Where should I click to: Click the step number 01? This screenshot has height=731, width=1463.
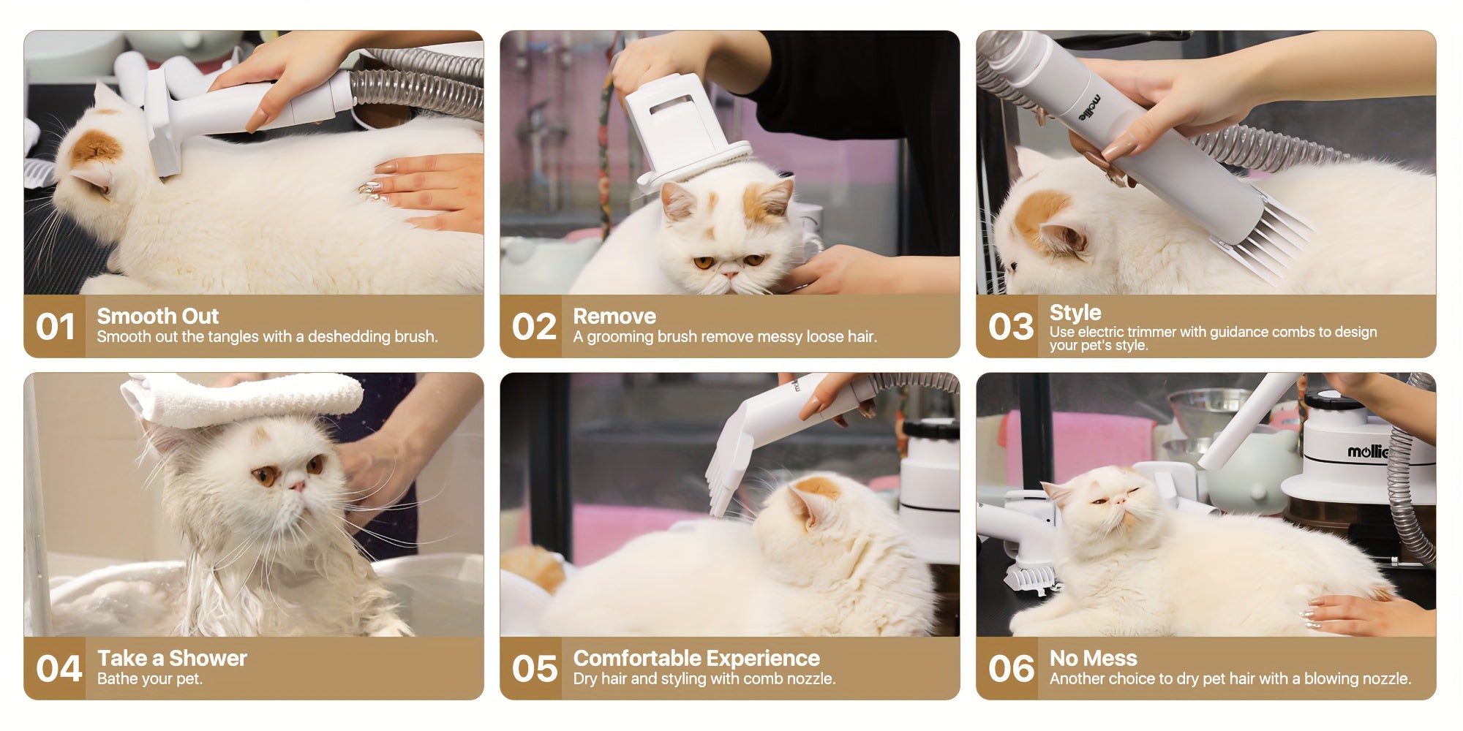point(56,327)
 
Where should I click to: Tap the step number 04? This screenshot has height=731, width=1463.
point(59,669)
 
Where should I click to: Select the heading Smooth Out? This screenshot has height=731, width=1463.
point(158,316)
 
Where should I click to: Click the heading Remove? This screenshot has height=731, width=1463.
point(614,316)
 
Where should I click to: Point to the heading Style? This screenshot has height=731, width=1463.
point(1075,313)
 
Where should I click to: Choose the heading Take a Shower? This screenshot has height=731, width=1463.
point(172,658)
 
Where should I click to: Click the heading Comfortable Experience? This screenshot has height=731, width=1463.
point(696,658)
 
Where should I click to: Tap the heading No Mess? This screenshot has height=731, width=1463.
point(1094,658)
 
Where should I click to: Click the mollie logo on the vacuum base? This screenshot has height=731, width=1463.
point(1367,452)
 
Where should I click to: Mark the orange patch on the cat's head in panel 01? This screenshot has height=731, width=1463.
point(95,146)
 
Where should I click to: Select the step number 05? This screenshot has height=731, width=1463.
point(535,669)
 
